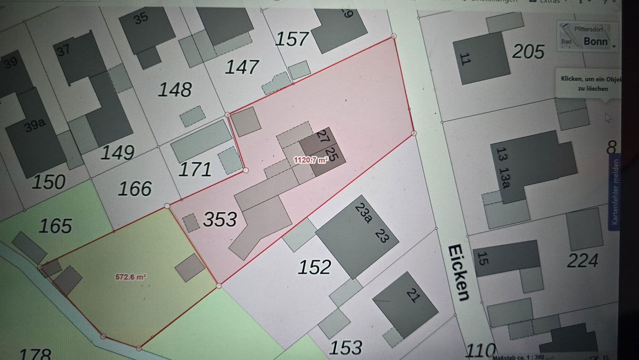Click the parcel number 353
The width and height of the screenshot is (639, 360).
(220, 219)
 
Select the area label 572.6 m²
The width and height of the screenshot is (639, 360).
(131, 277)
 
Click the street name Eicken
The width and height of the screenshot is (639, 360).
(459, 272)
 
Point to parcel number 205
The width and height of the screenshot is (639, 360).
(528, 52)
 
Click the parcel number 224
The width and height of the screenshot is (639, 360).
(583, 260)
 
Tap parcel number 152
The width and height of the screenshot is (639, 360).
(315, 267)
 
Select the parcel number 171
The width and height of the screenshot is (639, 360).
(195, 169)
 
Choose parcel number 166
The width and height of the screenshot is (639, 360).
(135, 188)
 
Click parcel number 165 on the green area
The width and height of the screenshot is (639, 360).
(55, 226)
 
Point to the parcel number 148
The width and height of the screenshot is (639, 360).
(175, 89)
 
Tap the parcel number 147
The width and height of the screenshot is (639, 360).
(242, 67)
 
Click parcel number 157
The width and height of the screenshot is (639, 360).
(292, 39)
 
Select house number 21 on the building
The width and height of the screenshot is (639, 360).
(413, 295)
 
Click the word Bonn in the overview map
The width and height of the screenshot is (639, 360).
(595, 41)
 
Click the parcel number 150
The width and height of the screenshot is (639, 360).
(49, 182)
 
